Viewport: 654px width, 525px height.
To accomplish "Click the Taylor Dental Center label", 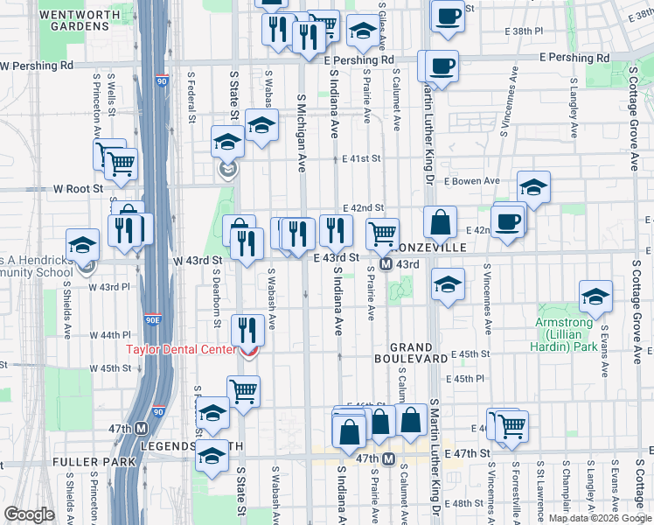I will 181,349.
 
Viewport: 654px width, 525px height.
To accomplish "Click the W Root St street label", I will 79,188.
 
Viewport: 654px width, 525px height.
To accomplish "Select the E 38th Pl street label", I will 523,31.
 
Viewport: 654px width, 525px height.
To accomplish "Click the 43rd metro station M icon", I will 386,264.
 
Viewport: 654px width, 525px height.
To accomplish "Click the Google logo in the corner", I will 29,514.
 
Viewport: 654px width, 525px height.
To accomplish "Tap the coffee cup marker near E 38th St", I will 448,16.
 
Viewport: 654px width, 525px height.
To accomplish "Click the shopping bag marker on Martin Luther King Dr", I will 441,223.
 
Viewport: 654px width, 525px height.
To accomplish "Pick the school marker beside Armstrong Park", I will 595,298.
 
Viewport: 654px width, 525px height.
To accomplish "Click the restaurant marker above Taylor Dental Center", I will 248,330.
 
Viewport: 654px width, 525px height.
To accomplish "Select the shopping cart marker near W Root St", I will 122,162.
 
